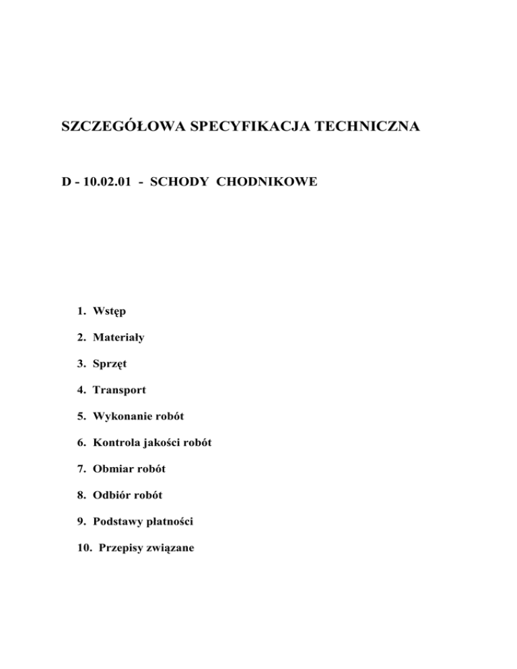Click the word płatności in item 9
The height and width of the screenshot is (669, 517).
tap(169, 521)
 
